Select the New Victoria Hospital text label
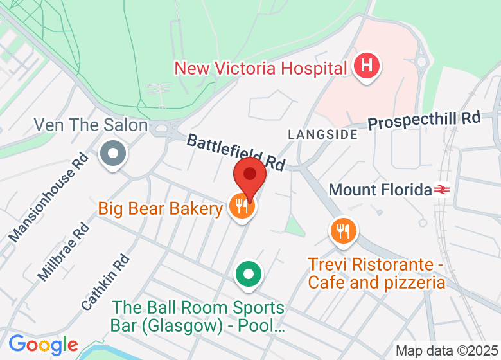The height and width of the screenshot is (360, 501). (261, 67)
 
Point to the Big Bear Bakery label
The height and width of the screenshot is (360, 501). (160, 208)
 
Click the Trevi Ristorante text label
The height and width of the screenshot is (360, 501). (376, 273)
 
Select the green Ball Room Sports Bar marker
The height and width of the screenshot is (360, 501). (248, 275)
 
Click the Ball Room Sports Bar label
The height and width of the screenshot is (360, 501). (197, 317)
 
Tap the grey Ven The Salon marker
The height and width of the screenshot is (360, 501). (114, 154)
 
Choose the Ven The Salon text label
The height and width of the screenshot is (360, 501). (91, 125)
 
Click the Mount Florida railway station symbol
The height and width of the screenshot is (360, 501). (441, 190)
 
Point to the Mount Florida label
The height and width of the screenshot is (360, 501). (380, 190)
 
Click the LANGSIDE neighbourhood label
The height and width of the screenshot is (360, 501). (322, 134)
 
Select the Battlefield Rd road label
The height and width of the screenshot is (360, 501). (236, 152)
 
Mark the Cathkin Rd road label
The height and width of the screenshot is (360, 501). (105, 283)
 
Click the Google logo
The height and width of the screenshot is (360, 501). (43, 345)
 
